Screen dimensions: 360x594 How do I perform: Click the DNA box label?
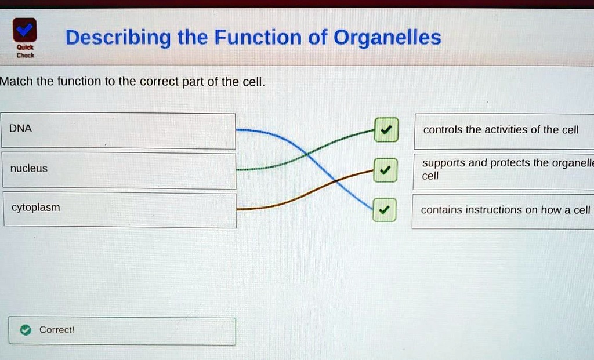click(x=21, y=129)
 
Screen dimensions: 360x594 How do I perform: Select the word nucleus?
click(x=29, y=168)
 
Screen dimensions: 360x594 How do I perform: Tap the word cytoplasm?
click(x=36, y=208)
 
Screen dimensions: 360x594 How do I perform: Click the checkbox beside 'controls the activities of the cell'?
click(x=385, y=129)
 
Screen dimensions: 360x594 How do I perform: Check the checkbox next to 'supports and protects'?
click(x=385, y=170)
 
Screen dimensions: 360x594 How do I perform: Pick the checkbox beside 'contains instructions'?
click(x=384, y=210)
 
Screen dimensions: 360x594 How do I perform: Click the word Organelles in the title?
click(x=387, y=38)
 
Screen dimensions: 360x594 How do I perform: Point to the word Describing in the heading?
click(x=118, y=38)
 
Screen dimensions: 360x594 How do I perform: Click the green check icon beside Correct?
click(x=25, y=330)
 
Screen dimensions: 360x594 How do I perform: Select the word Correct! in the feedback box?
click(x=57, y=330)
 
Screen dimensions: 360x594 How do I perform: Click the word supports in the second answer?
click(x=444, y=163)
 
